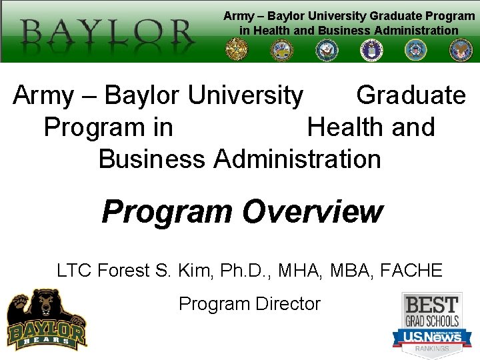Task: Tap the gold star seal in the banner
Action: tap(236, 49)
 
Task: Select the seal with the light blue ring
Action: tap(415, 49)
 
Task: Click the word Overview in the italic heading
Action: tap(313, 212)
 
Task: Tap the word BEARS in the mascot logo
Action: tap(46, 341)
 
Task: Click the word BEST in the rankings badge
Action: tap(432, 305)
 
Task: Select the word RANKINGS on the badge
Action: tap(432, 349)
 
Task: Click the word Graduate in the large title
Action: tap(411, 95)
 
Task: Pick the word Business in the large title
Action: tap(151, 159)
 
